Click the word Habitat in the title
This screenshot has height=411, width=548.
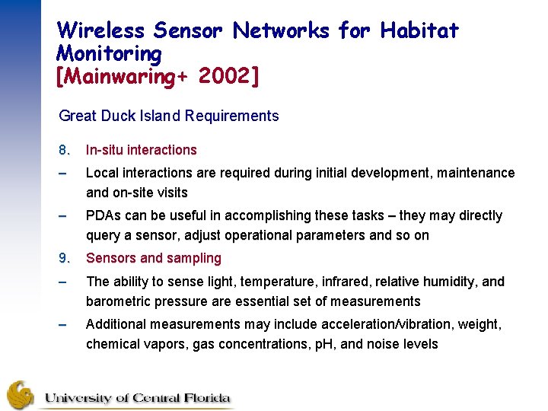pos(419,30)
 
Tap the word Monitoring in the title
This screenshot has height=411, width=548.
pos(109,53)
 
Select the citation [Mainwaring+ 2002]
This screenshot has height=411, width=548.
pos(158,76)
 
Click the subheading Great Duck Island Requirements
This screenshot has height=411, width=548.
pos(168,116)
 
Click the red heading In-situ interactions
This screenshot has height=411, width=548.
pos(141,150)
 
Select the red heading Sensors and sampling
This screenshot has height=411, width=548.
pos(153,258)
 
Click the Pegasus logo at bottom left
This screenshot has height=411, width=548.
pos(21,395)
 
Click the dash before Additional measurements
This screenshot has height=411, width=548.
pos(64,324)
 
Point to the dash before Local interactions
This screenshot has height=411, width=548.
pos(64,173)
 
